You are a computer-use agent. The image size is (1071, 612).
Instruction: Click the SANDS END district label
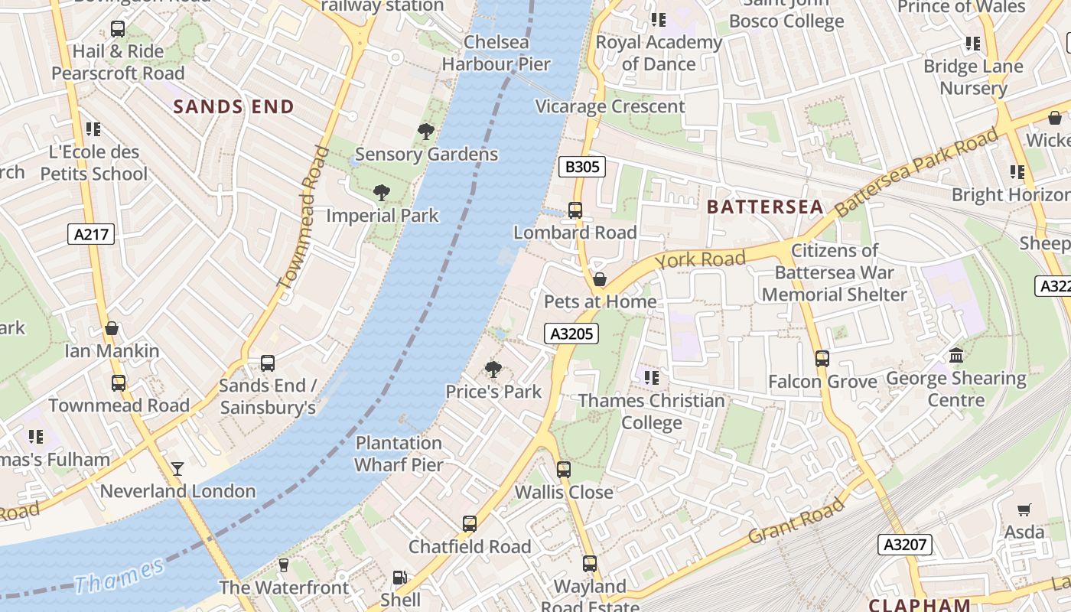click(233, 106)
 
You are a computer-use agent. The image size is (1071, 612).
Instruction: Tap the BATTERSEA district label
click(765, 207)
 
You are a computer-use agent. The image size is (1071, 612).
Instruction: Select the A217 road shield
click(93, 234)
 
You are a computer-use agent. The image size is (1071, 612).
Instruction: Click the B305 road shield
click(582, 167)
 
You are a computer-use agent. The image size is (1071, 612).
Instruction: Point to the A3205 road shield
click(571, 334)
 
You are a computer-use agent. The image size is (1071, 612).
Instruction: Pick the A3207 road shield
click(905, 545)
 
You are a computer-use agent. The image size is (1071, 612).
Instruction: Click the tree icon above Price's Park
click(493, 369)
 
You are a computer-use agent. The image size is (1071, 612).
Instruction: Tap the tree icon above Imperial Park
click(381, 193)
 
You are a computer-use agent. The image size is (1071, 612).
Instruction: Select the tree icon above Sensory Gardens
click(426, 132)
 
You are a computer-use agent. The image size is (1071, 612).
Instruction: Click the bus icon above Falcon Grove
click(822, 358)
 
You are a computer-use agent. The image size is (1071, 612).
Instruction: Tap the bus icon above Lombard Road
click(575, 210)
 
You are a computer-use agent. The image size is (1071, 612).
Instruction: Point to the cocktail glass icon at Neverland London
click(177, 468)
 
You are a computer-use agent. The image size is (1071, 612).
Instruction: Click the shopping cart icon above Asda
click(1024, 509)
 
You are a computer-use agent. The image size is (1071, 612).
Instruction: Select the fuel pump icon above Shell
click(399, 578)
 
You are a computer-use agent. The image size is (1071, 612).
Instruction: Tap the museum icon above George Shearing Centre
click(956, 355)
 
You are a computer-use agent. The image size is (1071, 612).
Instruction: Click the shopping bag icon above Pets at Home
click(600, 279)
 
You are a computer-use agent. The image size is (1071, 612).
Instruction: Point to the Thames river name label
click(119, 576)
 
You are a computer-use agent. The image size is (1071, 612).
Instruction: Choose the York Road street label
click(700, 259)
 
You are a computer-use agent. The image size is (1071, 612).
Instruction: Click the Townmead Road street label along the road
click(300, 218)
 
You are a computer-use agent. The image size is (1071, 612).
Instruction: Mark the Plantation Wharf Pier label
click(399, 454)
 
